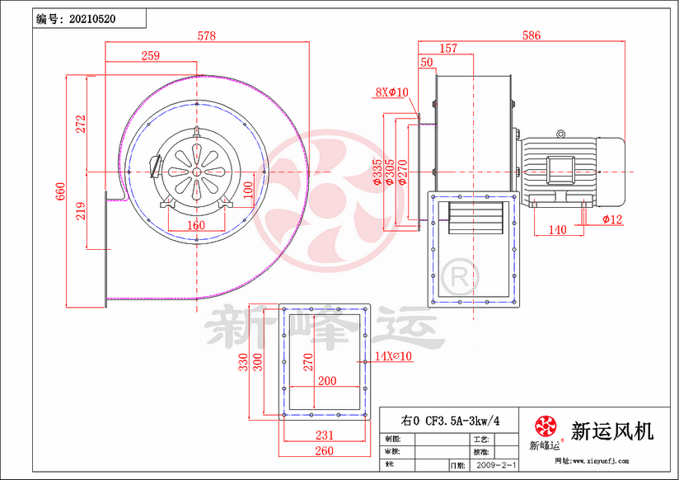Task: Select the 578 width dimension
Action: [x=207, y=36]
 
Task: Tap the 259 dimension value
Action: [x=150, y=55]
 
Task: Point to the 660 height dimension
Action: [x=60, y=191]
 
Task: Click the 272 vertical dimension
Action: [x=81, y=124]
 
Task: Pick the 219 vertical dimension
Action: [x=81, y=210]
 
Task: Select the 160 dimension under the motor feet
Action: [x=196, y=225]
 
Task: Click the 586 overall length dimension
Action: [x=531, y=35]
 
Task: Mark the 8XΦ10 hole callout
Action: [x=392, y=92]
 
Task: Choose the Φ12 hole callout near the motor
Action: [x=611, y=219]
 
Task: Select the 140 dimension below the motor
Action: [x=557, y=230]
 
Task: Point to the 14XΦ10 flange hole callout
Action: [x=393, y=355]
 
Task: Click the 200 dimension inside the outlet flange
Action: [x=327, y=381]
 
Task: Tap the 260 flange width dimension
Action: [x=324, y=450]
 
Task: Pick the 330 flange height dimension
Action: [x=244, y=362]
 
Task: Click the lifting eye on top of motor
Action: [x=561, y=133]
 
